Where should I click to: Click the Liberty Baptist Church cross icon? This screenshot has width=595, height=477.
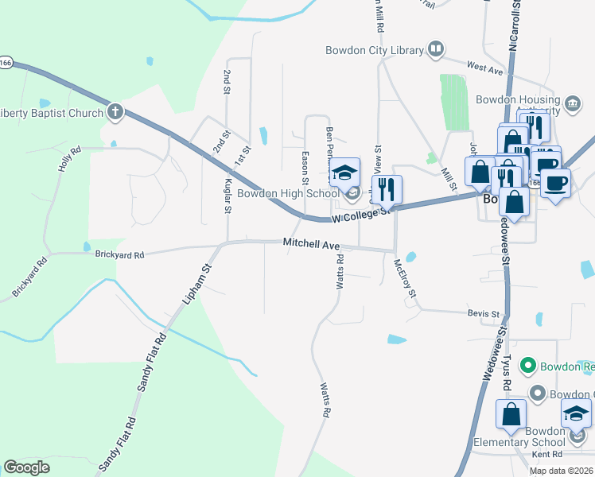[115, 111]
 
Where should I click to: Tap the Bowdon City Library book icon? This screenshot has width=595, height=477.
[435, 50]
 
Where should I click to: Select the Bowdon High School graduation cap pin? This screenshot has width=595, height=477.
[344, 172]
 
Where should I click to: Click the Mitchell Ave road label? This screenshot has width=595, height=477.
[311, 244]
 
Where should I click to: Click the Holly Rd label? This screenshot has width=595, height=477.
[70, 159]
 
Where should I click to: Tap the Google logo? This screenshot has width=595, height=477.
[27, 467]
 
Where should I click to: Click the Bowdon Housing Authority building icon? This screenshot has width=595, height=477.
[571, 103]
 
